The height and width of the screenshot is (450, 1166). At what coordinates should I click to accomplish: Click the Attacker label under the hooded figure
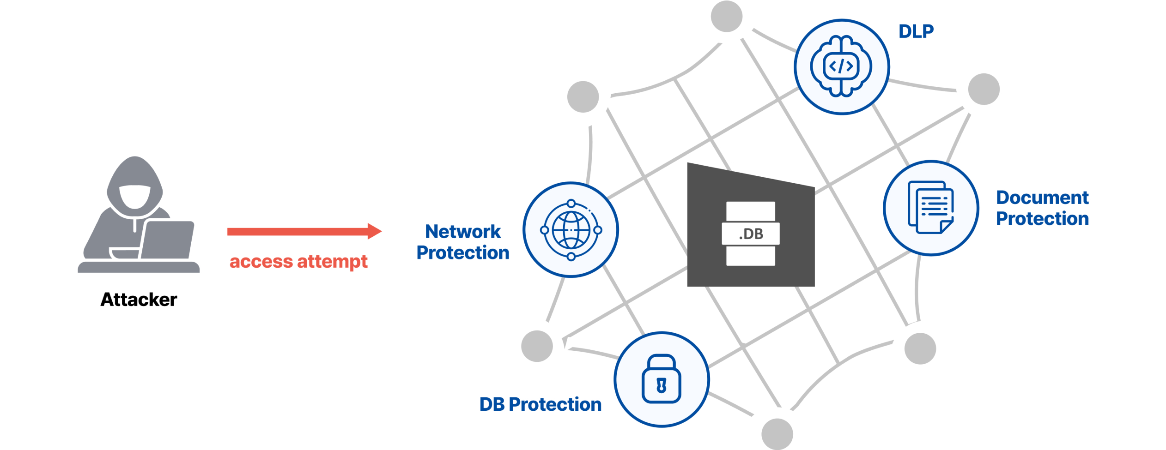point(139,300)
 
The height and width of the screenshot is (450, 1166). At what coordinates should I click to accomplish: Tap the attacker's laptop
point(167,240)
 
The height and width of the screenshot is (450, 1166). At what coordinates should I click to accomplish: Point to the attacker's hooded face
point(135,196)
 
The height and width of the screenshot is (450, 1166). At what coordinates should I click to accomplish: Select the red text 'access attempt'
point(298,262)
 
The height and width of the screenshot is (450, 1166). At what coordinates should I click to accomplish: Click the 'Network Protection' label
point(463,242)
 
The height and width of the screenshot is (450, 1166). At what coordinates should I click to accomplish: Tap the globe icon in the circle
point(571,230)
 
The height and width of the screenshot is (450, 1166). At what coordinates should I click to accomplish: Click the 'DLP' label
point(916,31)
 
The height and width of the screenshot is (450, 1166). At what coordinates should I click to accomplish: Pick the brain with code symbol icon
point(841,66)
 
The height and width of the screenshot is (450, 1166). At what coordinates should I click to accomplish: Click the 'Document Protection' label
point(1042,208)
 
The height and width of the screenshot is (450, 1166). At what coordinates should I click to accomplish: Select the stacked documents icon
point(931,208)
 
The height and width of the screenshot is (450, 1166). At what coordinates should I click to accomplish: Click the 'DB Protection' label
point(540,404)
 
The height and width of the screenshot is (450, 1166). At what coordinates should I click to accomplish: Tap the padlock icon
point(662,379)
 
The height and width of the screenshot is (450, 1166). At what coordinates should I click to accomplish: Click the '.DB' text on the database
point(751,234)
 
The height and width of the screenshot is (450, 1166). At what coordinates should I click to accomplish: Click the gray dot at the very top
point(727,17)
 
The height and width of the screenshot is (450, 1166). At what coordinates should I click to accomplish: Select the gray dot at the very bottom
point(777,434)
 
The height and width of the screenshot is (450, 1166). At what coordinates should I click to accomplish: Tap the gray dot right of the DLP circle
point(984,89)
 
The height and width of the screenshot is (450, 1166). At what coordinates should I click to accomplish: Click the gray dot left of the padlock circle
point(537,346)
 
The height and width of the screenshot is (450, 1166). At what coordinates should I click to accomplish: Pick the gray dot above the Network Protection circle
point(583,97)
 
